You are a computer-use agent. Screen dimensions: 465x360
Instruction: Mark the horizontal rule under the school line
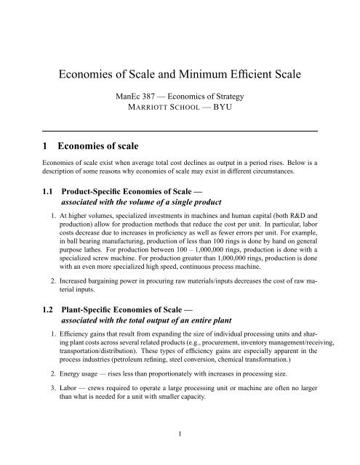[180, 131]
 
